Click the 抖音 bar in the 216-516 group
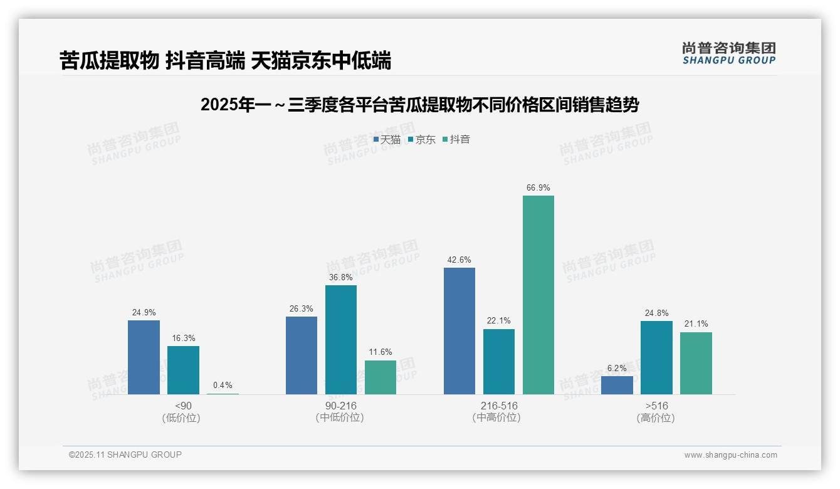coord(538,295)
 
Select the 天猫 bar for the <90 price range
coord(144,357)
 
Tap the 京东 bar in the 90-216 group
coord(340,340)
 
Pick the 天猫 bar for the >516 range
coord(617,385)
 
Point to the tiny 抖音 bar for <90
coord(223,393)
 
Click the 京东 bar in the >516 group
coord(656,357)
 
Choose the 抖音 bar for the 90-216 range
coord(380,377)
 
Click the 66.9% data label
coord(538,188)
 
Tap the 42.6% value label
coord(459,260)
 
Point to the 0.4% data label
coord(223,386)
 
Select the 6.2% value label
coord(617,369)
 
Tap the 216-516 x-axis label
coord(499,406)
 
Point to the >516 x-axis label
coord(656,406)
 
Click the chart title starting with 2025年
coord(419,105)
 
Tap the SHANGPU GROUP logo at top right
coord(728,53)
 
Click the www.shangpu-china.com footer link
coord(730,455)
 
